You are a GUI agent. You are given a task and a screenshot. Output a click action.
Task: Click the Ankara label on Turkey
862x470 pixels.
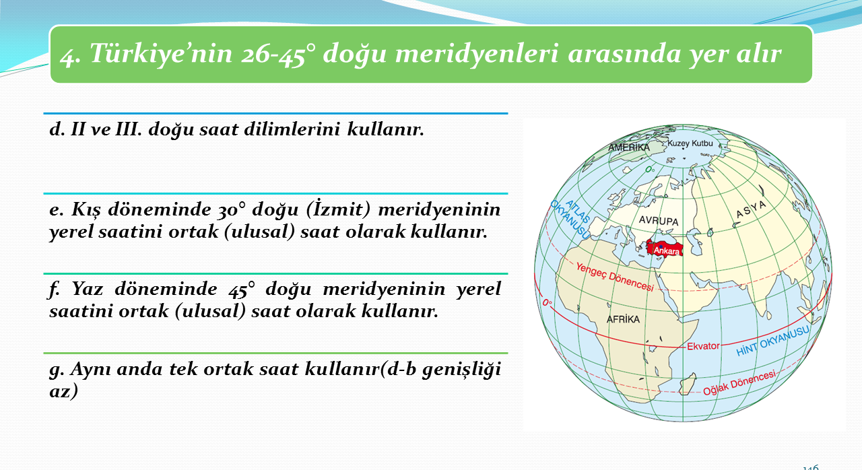pos(667,251)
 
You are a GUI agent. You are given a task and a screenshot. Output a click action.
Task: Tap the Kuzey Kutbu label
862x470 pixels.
pos(690,143)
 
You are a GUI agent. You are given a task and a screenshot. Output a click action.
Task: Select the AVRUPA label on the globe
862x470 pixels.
pos(659,220)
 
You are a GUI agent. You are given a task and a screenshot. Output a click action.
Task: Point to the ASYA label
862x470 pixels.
pos(751,209)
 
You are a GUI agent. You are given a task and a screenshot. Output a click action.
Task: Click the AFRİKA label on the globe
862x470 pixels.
pos(623,319)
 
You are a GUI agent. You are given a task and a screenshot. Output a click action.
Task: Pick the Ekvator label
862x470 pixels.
pos(703,346)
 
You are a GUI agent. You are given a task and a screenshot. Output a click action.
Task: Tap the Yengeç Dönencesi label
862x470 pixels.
pos(615,277)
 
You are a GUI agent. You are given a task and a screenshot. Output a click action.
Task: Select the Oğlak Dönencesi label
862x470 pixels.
pos(739,382)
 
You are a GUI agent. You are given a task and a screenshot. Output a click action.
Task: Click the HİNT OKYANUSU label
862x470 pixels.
pos(772,341)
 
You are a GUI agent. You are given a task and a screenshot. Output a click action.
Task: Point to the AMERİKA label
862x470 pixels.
pos(628,147)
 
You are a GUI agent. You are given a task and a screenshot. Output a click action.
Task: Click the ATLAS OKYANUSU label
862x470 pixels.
pos(570,220)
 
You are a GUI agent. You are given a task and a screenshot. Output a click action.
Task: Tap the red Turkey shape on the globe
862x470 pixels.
pos(664,248)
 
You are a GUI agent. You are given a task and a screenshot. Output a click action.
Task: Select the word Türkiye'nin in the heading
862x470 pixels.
pos(161,53)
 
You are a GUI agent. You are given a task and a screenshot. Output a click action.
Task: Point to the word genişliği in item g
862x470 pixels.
pos(461,370)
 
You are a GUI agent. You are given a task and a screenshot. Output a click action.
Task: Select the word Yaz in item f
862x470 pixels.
pos(88,288)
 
